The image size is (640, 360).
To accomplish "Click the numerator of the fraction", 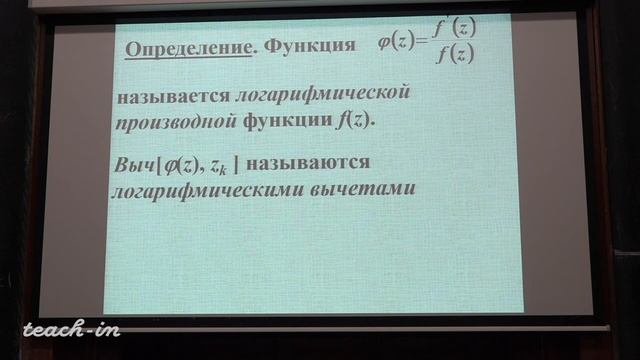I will (452, 30).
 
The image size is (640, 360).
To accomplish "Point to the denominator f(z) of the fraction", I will (453, 56).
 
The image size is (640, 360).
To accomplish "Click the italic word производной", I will (174, 120).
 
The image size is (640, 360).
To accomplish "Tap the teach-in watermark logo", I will (70, 327).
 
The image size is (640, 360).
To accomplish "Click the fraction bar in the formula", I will (453, 44).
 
